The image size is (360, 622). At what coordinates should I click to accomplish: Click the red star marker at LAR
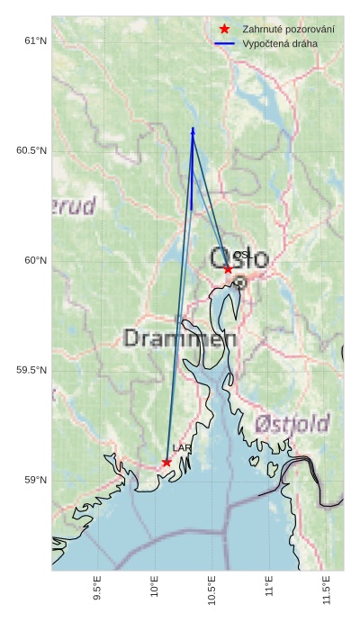tap(166, 462)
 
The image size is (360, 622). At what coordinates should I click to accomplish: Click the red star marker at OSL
tap(228, 269)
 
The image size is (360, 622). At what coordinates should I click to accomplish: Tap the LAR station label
tap(182, 448)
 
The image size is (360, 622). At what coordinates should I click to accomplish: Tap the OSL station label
tap(241, 256)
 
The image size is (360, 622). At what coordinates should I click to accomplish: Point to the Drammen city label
tap(180, 338)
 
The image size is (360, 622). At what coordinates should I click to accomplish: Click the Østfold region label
tap(292, 423)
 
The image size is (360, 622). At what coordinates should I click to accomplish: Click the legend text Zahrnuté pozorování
tap(288, 30)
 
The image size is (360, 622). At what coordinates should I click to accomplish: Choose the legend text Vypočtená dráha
tap(280, 43)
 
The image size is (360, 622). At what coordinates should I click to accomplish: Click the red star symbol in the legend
tap(225, 30)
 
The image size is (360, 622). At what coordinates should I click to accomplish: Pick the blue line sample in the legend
tap(225, 43)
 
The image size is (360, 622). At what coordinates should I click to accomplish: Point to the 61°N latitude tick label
tap(35, 41)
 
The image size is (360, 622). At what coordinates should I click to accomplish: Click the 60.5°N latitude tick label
tap(31, 150)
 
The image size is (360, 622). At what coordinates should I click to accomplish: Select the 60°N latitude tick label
tap(35, 260)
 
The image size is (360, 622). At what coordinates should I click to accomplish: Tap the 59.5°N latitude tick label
tap(31, 370)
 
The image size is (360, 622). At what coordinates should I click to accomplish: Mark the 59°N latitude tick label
tap(35, 480)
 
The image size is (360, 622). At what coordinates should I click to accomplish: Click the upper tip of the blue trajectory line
tap(193, 129)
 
